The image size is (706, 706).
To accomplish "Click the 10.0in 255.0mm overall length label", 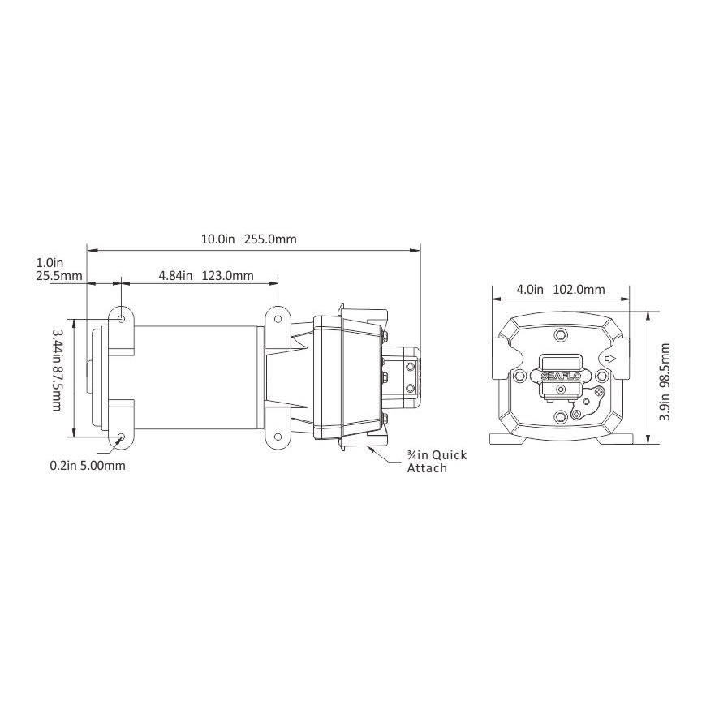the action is pyautogui.click(x=248, y=239).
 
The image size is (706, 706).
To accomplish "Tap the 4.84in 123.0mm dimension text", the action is pyautogui.click(x=206, y=275).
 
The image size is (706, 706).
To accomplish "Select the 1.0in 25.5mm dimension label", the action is pyautogui.click(x=59, y=269).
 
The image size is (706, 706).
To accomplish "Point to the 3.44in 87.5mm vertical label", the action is pyautogui.click(x=57, y=370).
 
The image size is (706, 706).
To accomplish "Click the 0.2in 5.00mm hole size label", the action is pyautogui.click(x=88, y=465).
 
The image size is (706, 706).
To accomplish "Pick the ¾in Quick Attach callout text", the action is pyautogui.click(x=437, y=462).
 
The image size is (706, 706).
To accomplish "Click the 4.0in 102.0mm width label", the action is pyautogui.click(x=561, y=290).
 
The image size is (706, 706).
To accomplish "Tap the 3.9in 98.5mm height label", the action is pyautogui.click(x=665, y=382).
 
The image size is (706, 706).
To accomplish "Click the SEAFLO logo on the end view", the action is pyautogui.click(x=560, y=376).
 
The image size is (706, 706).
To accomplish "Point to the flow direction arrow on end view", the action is pyautogui.click(x=609, y=359).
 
